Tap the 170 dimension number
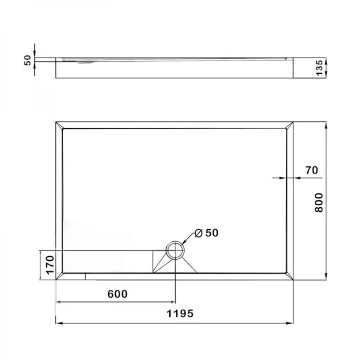(50, 265)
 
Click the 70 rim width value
(311, 170)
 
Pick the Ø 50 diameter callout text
(206, 233)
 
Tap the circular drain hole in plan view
(175, 251)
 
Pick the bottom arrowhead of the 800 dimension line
(326, 277)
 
